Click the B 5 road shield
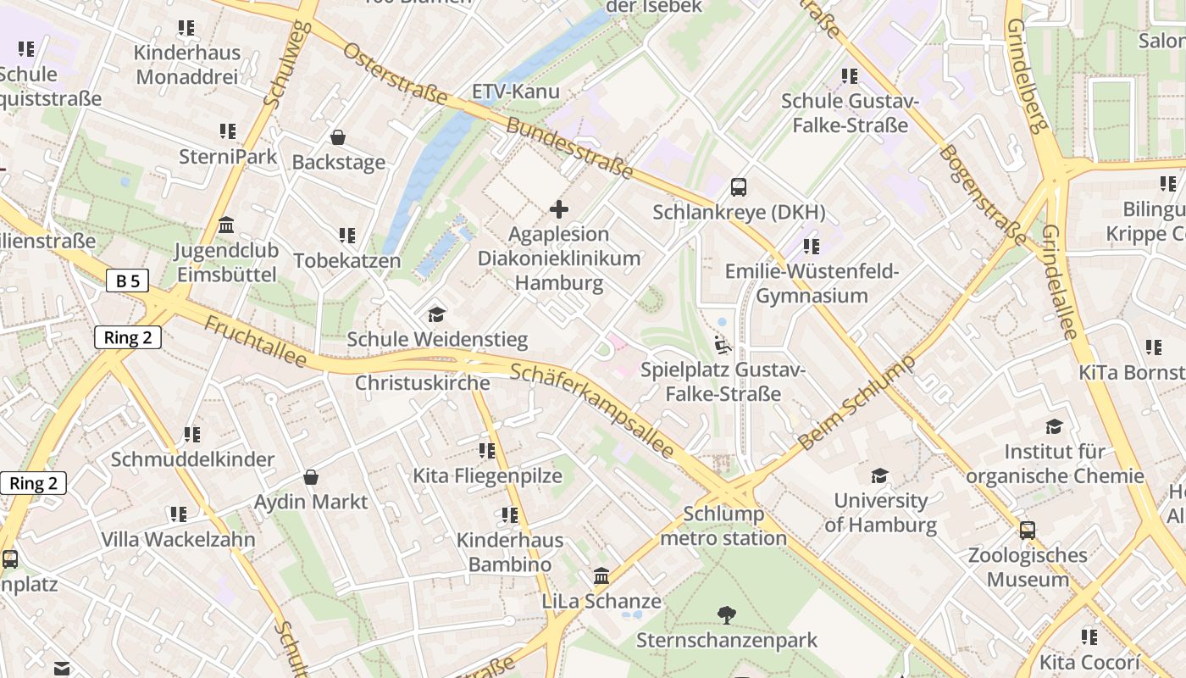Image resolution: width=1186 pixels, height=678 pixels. [x=127, y=281]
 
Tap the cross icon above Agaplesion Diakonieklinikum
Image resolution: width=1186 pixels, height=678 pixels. [x=559, y=208]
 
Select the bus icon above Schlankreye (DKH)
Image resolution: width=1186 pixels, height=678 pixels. [x=739, y=186]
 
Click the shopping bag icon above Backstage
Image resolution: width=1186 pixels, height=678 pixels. [x=338, y=137]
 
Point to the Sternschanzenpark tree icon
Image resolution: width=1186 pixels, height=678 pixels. [x=726, y=614]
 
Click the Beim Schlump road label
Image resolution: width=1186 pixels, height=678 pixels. [x=857, y=403]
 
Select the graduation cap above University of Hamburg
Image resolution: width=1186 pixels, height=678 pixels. [x=880, y=475]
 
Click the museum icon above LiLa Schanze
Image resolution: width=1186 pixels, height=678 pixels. [x=601, y=576]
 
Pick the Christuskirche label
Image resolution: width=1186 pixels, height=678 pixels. [x=422, y=383]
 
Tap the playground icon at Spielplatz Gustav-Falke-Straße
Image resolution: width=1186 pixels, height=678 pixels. [x=722, y=345]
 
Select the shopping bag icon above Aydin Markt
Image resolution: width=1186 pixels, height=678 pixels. [x=311, y=477]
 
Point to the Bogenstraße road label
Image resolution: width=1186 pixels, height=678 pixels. [x=983, y=193]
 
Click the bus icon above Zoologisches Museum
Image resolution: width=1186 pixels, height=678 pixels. [x=1028, y=531]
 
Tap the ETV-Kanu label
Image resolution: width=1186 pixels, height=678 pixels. [x=515, y=92]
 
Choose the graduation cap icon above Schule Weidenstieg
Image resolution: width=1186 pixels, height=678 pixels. [x=436, y=314]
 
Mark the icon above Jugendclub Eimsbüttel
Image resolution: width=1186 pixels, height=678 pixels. [x=226, y=225]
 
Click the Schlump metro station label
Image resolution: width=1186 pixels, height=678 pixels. [x=723, y=525]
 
